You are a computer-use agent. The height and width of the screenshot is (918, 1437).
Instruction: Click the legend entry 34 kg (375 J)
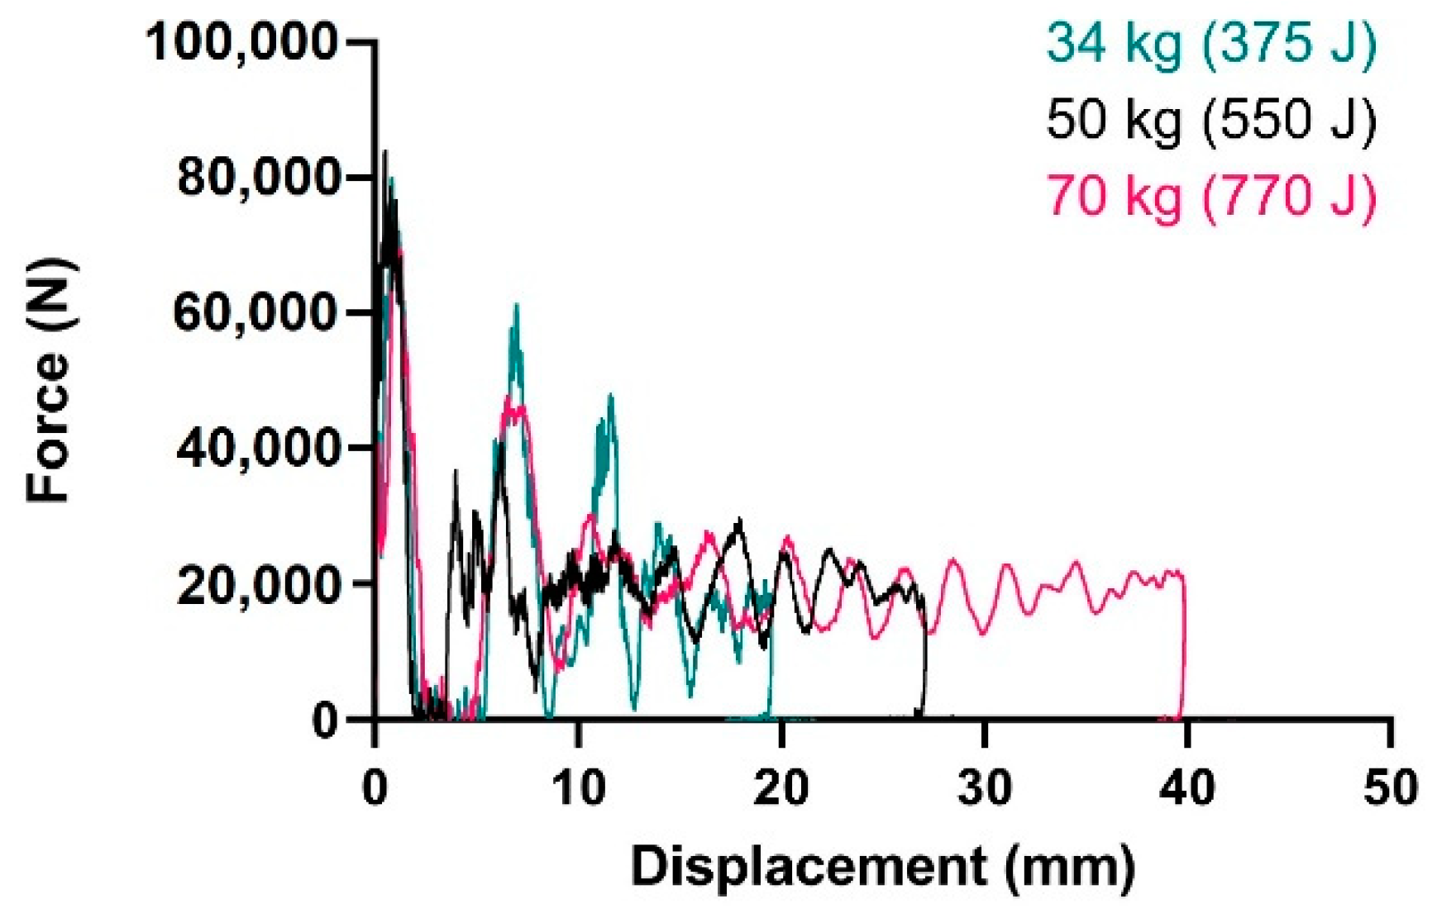1210,43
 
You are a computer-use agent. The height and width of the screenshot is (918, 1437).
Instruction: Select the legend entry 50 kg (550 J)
1210,120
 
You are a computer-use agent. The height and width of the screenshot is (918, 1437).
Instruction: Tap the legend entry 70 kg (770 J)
1210,197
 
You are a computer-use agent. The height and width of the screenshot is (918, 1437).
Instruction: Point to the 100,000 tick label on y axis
241,42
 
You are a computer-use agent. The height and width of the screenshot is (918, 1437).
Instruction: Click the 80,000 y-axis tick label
257,178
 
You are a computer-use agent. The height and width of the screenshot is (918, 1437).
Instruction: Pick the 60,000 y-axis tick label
257,313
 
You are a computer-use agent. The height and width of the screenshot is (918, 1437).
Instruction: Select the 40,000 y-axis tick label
257,449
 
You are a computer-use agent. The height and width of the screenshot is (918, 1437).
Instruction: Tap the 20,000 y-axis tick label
257,584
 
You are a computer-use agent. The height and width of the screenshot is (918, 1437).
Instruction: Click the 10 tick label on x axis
579,787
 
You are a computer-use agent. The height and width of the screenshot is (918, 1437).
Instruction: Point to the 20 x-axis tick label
782,787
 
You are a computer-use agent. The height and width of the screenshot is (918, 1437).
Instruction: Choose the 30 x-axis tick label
986,787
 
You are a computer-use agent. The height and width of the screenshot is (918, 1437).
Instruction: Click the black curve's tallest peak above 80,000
384,154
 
